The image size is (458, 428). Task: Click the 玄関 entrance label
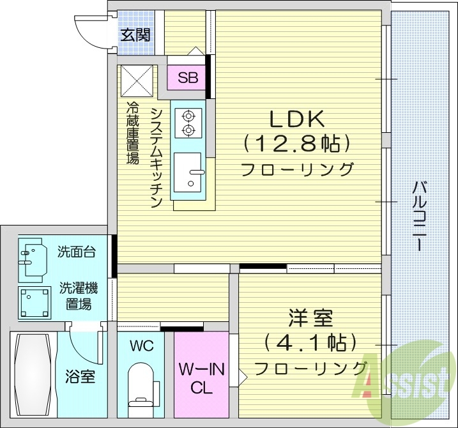[x=135, y=34]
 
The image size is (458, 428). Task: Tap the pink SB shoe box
[x=187, y=78]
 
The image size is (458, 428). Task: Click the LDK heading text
[x=297, y=119]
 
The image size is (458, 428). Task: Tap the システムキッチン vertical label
[x=156, y=157]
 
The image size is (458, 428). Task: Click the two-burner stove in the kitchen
[x=188, y=123]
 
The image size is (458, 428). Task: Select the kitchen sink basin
[x=190, y=173]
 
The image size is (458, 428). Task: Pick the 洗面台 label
[x=77, y=251]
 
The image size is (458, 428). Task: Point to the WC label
[x=141, y=346]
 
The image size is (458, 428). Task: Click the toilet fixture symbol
[x=141, y=383]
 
